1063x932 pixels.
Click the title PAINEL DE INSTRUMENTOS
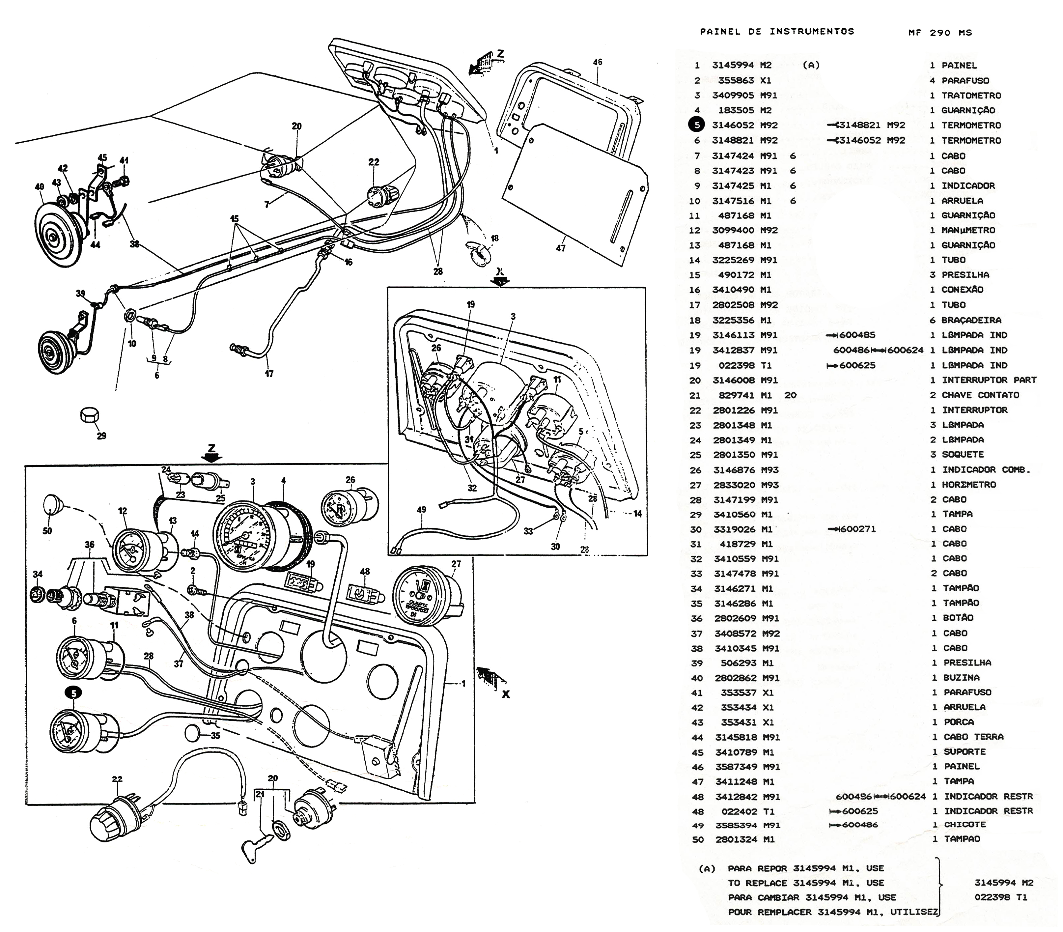tap(777, 32)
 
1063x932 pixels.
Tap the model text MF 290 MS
tap(940, 33)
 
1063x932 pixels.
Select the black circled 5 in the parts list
tap(696, 125)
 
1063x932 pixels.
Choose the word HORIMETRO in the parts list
tap(969, 485)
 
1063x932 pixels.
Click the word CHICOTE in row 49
tap(965, 825)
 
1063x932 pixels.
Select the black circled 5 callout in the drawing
tap(73, 693)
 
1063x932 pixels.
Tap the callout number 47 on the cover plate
tap(561, 249)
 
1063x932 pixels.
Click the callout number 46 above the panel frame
tap(598, 62)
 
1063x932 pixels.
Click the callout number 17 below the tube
tap(269, 373)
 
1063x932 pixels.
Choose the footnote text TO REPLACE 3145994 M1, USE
tap(806, 883)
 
